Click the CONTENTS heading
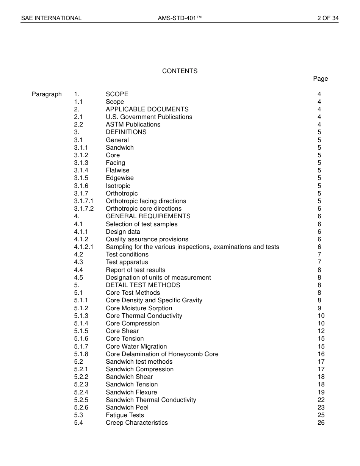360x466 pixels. (180, 71)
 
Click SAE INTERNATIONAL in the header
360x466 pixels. (51, 18)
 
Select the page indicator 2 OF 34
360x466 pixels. (328, 18)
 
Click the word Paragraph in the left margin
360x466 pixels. (47, 94)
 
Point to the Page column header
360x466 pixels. (320, 79)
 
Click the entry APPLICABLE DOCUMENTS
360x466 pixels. (147, 109)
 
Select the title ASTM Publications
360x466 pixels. (133, 125)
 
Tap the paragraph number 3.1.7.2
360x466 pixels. (84, 209)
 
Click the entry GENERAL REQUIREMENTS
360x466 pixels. (148, 216)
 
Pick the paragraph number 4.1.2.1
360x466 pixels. (84, 247)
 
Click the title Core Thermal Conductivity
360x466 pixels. (144, 316)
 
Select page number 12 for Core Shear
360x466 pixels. (321, 331)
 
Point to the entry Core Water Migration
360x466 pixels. (136, 347)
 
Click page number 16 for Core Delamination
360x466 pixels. (321, 354)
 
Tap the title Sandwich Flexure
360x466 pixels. (131, 393)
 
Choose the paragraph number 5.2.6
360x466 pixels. (81, 408)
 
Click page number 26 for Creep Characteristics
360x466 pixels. (321, 423)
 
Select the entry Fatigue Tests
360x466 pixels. (125, 415)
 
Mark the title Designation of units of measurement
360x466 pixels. (158, 278)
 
